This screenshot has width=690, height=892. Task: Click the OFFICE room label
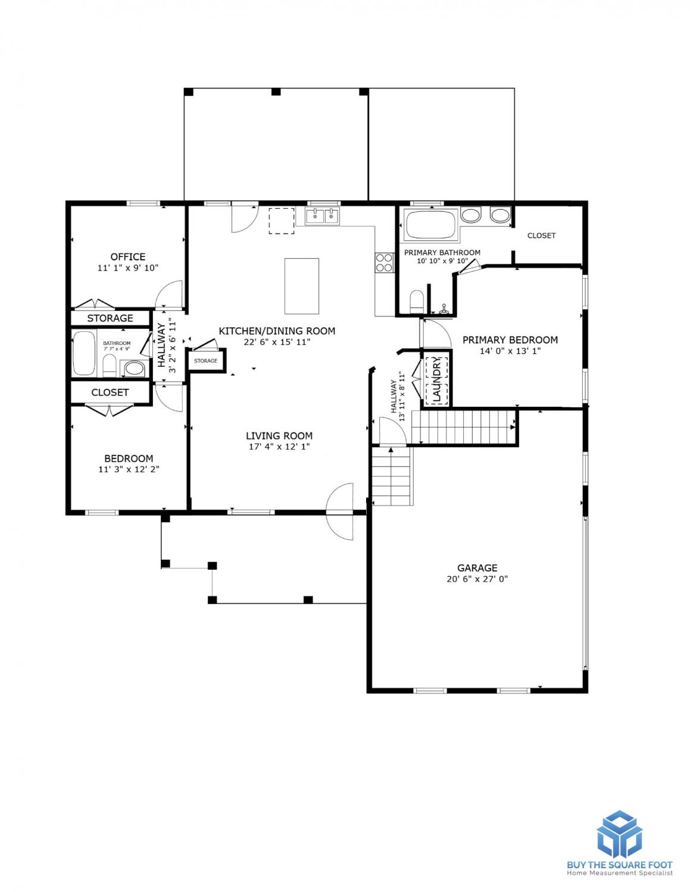point(128,256)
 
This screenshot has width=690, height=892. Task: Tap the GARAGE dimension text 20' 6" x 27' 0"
point(477,579)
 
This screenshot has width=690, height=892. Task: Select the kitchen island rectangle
point(302,285)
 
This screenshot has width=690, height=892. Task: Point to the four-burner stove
point(384,262)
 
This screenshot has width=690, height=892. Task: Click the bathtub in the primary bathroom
point(430,224)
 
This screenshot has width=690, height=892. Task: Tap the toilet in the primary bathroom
point(417,300)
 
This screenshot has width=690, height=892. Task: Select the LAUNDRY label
point(437,380)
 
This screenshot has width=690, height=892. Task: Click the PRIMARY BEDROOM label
point(510,340)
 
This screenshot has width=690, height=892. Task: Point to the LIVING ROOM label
point(279,435)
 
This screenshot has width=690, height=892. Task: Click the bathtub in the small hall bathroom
point(84,353)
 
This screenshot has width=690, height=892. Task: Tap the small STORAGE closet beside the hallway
point(205,360)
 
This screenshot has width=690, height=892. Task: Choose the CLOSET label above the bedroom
point(110,392)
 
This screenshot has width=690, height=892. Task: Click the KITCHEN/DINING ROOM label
point(277,331)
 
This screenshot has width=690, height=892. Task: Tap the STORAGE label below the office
point(110,318)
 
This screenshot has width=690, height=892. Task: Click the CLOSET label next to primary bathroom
point(541,235)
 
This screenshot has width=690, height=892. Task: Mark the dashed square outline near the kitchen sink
point(282,221)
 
